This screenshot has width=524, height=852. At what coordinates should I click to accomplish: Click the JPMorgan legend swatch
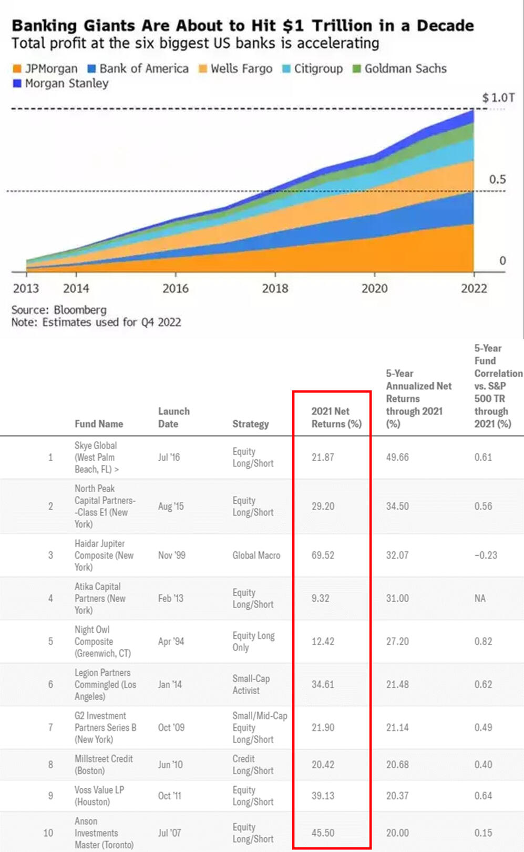tap(17, 69)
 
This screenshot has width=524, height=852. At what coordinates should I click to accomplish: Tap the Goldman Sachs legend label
tap(405, 69)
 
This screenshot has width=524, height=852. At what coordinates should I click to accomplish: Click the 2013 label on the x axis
tap(26, 288)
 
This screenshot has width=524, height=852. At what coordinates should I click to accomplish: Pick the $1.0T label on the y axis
tap(498, 98)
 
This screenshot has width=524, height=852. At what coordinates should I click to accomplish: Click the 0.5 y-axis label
tap(497, 179)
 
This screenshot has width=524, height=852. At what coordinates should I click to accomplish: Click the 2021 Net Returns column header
tap(336, 418)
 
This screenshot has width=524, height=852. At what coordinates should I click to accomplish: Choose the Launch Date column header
tap(173, 418)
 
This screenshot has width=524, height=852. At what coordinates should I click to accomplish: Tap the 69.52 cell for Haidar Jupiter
tap(323, 555)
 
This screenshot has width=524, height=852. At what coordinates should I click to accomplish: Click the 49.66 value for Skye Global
tap(397, 458)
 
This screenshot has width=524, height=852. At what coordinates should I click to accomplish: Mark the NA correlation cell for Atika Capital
tap(480, 599)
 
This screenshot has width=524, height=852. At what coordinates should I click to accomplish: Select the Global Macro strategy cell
tap(256, 555)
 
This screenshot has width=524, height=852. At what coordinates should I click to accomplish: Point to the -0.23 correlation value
tap(485, 555)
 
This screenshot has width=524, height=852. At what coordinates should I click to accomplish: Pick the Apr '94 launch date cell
tap(171, 642)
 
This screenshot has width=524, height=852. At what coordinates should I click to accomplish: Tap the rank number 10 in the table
tap(48, 833)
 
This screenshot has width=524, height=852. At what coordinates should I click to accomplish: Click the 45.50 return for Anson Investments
tap(323, 833)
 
